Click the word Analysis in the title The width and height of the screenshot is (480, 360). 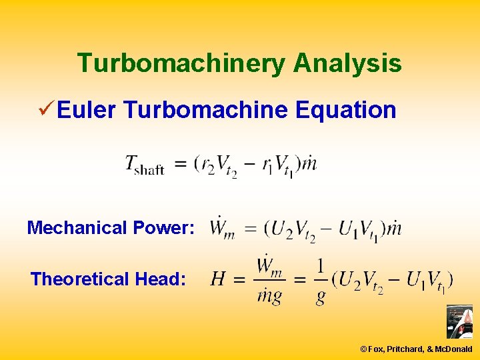[x=347, y=63]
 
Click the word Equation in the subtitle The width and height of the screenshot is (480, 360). [x=353, y=110]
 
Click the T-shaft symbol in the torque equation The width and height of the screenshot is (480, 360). [x=144, y=165]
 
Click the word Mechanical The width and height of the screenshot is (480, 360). [x=77, y=228]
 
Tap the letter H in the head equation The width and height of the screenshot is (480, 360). [x=217, y=279]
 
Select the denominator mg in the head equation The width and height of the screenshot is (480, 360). [x=269, y=295]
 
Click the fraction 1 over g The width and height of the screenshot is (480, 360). [x=321, y=280]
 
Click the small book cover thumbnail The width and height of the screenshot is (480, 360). [x=459, y=322]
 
